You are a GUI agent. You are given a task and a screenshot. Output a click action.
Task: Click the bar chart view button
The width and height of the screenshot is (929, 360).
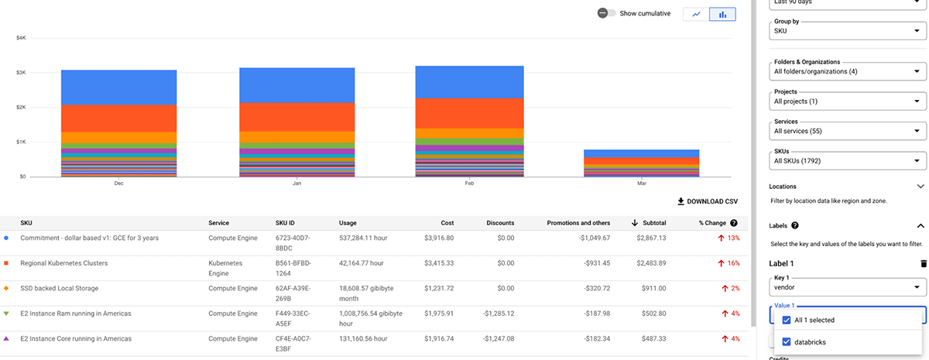[x=722, y=14]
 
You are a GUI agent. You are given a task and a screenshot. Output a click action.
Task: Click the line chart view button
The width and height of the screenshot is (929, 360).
[x=696, y=14]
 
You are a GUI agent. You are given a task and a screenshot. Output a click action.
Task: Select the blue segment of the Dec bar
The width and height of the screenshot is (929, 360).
[x=118, y=87]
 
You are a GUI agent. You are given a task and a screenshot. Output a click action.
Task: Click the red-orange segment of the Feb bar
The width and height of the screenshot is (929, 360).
[x=470, y=113]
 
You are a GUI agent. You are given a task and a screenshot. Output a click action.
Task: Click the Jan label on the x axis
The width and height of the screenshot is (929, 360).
[x=296, y=183]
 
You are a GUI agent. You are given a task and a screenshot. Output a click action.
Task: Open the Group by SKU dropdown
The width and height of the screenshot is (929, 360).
[x=848, y=31]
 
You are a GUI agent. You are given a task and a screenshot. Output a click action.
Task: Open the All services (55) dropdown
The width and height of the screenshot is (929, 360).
[x=848, y=131]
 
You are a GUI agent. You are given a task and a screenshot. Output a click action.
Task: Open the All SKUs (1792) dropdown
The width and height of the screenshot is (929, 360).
[x=848, y=161]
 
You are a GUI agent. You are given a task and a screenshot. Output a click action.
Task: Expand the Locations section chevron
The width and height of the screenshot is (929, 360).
[x=920, y=187]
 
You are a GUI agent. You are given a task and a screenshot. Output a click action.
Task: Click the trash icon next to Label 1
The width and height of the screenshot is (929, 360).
[x=922, y=263]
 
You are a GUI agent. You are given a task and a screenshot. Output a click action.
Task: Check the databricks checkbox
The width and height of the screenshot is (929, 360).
[x=787, y=341]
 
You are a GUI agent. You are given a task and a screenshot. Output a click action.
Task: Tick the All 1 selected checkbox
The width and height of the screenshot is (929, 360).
[x=787, y=320]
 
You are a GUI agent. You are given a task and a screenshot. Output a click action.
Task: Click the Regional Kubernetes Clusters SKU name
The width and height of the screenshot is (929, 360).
[x=63, y=263]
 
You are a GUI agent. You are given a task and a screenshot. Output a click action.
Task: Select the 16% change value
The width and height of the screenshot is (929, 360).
[x=728, y=263]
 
